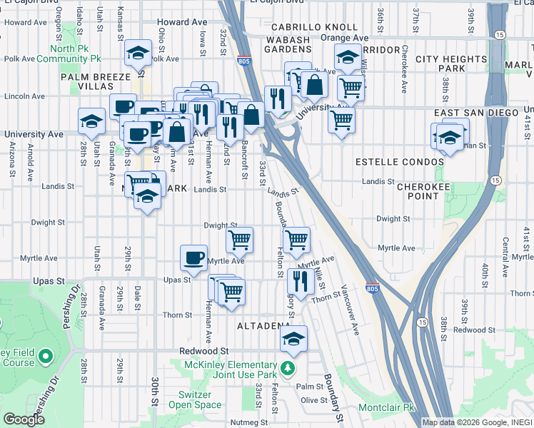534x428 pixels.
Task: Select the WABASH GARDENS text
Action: click(x=289, y=45)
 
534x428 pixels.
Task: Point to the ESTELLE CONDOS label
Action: click(x=400, y=162)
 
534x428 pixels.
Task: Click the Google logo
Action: click(x=24, y=419)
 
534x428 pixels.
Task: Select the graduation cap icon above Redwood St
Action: click(x=293, y=340)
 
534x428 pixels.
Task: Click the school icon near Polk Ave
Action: click(x=138, y=53)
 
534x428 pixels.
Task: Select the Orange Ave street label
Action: click(x=345, y=38)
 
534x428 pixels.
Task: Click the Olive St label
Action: click(x=313, y=400)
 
